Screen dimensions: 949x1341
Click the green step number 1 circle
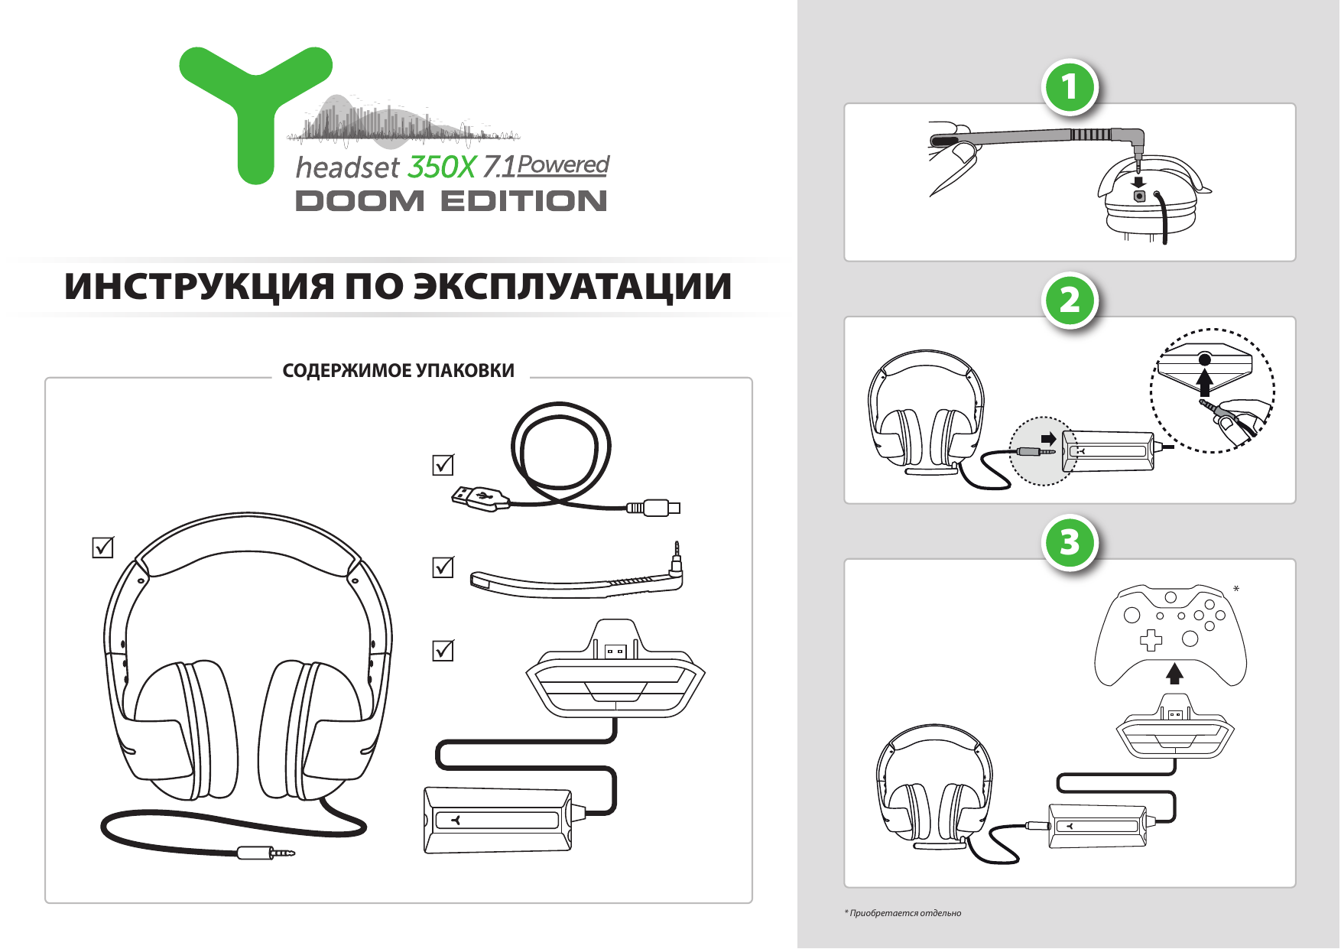pos(1070,87)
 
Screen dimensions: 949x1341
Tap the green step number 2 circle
pos(1070,300)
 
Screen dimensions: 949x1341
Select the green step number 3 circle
pos(1070,542)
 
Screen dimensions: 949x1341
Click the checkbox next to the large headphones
pos(102,548)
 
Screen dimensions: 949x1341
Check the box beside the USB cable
pos(443,465)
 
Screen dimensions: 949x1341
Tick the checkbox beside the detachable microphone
pos(443,567)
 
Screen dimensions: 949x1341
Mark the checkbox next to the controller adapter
pos(443,651)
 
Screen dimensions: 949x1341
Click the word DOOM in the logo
pos(359,201)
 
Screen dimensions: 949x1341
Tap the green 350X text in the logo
pos(441,167)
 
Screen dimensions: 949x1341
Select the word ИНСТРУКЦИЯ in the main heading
pos(199,287)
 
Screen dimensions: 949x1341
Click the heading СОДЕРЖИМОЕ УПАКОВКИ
pos(398,371)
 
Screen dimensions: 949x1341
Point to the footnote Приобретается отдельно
pos(904,913)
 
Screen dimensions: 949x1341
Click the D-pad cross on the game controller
pos(1151,640)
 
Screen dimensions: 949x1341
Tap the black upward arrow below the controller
pos(1174,673)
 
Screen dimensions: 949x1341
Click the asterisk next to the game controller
pos(1236,589)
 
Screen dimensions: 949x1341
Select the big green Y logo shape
pos(255,107)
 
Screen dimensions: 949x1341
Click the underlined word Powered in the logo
pos(563,164)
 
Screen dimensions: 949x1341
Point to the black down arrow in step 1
pos(1138,181)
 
